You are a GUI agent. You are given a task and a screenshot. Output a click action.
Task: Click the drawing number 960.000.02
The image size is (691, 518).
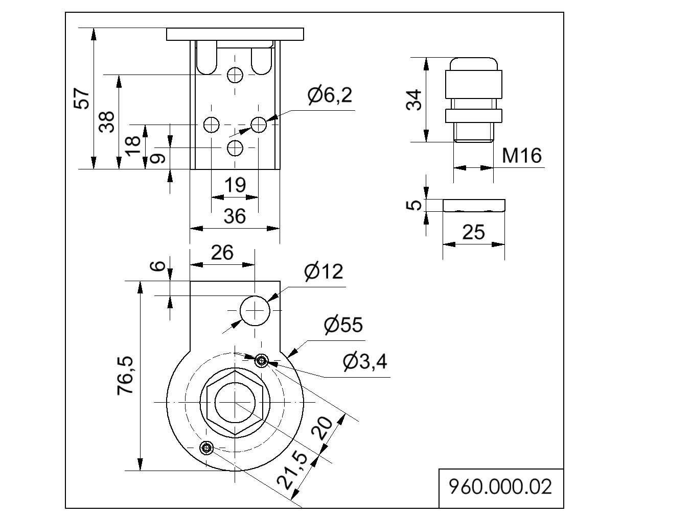coord(500,487)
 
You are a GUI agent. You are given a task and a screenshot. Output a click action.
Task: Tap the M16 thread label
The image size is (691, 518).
coord(522,156)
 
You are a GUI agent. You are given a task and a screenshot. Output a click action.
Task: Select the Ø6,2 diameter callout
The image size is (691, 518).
coord(330,95)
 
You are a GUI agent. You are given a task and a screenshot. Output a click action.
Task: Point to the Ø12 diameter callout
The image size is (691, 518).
coord(324,272)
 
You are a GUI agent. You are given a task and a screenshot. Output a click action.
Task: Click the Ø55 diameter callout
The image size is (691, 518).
coord(343,325)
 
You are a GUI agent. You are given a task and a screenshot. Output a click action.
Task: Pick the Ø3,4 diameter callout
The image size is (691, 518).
coord(365,362)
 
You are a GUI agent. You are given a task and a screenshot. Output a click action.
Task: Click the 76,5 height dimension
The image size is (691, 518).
coord(125,375)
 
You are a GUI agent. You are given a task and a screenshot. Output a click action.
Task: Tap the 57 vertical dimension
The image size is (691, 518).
coord(82,98)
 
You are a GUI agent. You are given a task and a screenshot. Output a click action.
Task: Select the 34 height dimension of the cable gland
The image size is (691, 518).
coord(413,100)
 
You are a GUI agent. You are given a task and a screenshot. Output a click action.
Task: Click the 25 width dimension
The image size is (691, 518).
coord(473,233)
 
